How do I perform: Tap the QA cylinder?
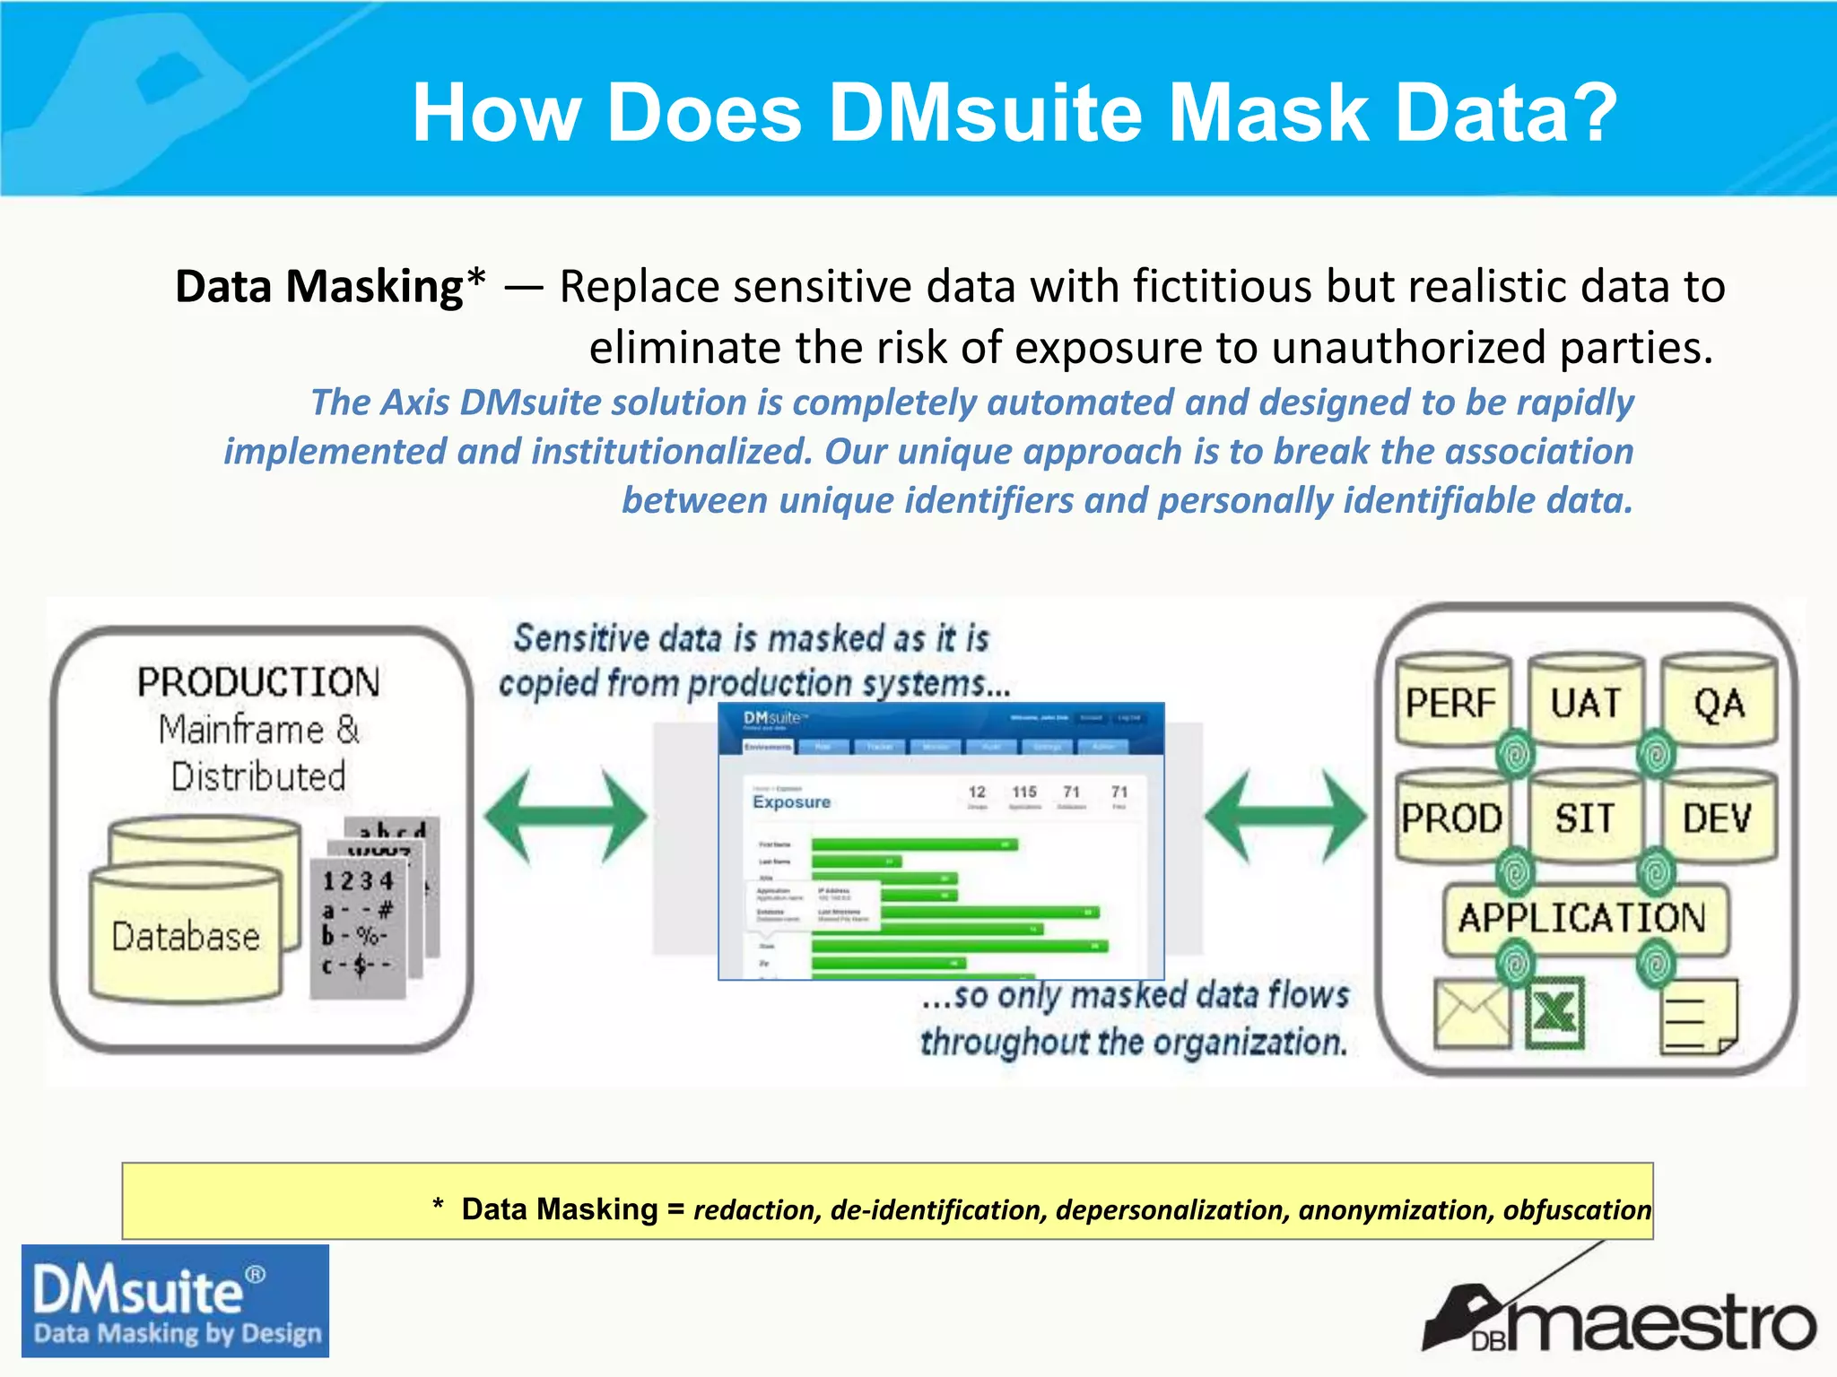pos(1719,703)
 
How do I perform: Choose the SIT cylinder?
pos(1585,818)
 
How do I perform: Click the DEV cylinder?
pos(1717,818)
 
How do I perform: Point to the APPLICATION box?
pos(1582,918)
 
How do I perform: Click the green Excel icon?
pos(1554,1014)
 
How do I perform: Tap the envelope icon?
pos(1472,1014)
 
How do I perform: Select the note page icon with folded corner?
pos(1698,1016)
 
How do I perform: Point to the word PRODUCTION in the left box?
pos(258,682)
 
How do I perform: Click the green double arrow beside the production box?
pos(565,816)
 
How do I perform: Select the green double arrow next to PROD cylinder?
pos(1285,816)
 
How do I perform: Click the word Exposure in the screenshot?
pos(791,801)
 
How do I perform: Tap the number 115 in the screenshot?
pos(1024,792)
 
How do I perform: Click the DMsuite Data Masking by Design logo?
pos(175,1300)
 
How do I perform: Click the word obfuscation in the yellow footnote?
pos(1576,1209)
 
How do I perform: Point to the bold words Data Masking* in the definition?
pos(330,287)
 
